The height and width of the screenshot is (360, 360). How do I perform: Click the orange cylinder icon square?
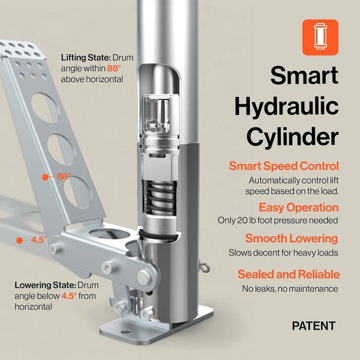320,38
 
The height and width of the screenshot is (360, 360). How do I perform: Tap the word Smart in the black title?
304,75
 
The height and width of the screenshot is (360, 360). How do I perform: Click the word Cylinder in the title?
293,137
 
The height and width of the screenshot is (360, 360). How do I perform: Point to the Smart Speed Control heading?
284,166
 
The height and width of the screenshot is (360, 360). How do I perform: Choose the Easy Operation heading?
299,208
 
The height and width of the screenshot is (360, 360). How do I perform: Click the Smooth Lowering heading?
292,238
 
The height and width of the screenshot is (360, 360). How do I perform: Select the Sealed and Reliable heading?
289,274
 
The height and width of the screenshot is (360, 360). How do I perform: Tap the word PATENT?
314,326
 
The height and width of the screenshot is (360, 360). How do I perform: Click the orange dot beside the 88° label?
45,177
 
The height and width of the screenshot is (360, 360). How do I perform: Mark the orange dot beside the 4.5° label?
20,241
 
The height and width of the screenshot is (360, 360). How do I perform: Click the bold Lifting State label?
86,58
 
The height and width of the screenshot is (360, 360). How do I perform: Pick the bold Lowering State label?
45,285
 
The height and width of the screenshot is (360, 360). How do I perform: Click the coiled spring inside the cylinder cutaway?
160,197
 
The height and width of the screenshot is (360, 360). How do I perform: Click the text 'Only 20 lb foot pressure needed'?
278,221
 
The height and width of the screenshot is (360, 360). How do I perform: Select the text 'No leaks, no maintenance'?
290,289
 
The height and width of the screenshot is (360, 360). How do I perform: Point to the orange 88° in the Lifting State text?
114,68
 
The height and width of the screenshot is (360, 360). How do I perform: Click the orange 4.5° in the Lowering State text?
69,296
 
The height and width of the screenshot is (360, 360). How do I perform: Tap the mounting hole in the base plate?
126,332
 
